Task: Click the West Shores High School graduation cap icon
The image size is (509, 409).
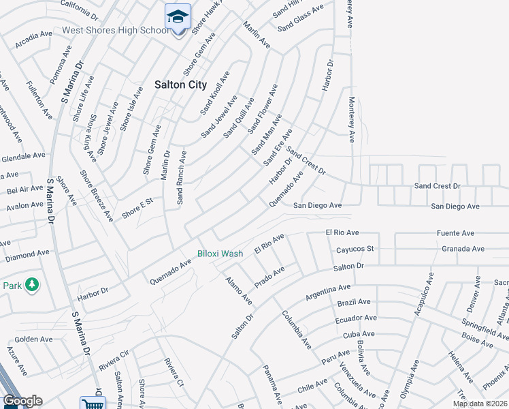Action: click(178, 16)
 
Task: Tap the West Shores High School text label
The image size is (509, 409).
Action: click(115, 31)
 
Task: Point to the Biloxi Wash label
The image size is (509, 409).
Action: click(220, 254)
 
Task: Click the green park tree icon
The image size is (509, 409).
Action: click(32, 285)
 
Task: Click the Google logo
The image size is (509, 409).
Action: click(22, 401)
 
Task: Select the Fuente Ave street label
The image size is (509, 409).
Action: click(455, 233)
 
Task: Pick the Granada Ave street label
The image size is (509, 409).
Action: click(463, 249)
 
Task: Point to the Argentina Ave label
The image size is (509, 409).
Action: click(328, 292)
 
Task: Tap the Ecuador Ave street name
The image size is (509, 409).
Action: click(355, 318)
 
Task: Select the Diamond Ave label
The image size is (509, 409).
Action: click(27, 254)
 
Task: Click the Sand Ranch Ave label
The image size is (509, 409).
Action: click(181, 177)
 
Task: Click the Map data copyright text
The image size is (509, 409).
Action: click(480, 404)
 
